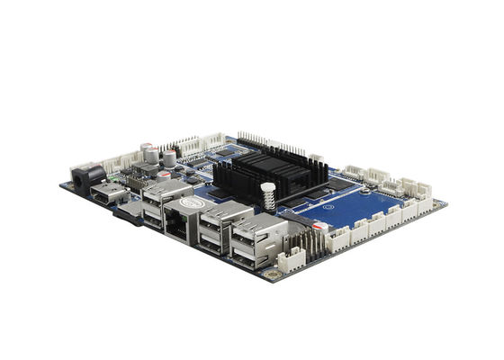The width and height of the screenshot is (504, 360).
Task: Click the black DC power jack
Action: pos(84,176)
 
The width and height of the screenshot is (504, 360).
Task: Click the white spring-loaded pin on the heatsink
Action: pos(266,195)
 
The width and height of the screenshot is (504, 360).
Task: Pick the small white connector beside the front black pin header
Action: pos(291,261)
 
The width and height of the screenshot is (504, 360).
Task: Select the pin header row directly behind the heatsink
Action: pos(270,145)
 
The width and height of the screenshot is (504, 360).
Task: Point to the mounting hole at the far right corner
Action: pos(438,203)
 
